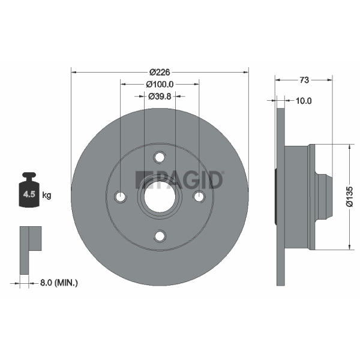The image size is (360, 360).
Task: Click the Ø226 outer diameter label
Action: pos(160,73)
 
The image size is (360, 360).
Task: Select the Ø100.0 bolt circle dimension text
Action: pos(160,85)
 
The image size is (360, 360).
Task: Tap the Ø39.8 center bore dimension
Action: pos(160,97)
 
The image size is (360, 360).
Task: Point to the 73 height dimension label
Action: pos(304,80)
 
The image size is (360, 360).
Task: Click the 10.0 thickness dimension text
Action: pos(304,101)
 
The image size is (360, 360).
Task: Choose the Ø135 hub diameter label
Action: pos(349,197)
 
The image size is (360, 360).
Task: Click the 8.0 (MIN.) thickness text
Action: pos(59,283)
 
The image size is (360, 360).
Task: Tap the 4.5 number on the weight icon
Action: pos(29,194)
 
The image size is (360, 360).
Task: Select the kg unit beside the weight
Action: pos(47,196)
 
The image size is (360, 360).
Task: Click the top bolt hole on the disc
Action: pos(160,157)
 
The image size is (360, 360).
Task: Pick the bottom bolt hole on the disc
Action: pos(160,236)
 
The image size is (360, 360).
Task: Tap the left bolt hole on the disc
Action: pos(121,197)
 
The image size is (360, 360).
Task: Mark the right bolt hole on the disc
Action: pos(199,197)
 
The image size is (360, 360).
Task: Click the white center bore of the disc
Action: pos(160,197)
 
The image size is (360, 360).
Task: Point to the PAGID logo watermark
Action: pos(179,180)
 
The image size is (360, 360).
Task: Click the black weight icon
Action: pos(29,190)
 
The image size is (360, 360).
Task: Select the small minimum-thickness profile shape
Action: pos(31,250)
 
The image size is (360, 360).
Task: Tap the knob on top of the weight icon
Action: pos(29,176)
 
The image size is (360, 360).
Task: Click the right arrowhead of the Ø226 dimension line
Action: pos(246,73)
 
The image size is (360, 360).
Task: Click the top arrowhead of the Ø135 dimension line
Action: pos(349,148)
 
